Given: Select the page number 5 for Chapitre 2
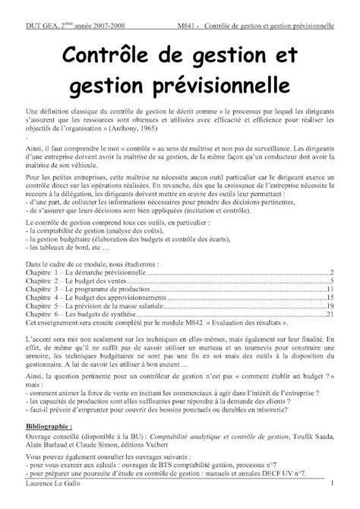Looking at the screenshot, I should tap(333, 281).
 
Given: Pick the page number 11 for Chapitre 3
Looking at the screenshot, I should tap(331, 289).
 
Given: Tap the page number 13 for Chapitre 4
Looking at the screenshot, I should tap(331, 298).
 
